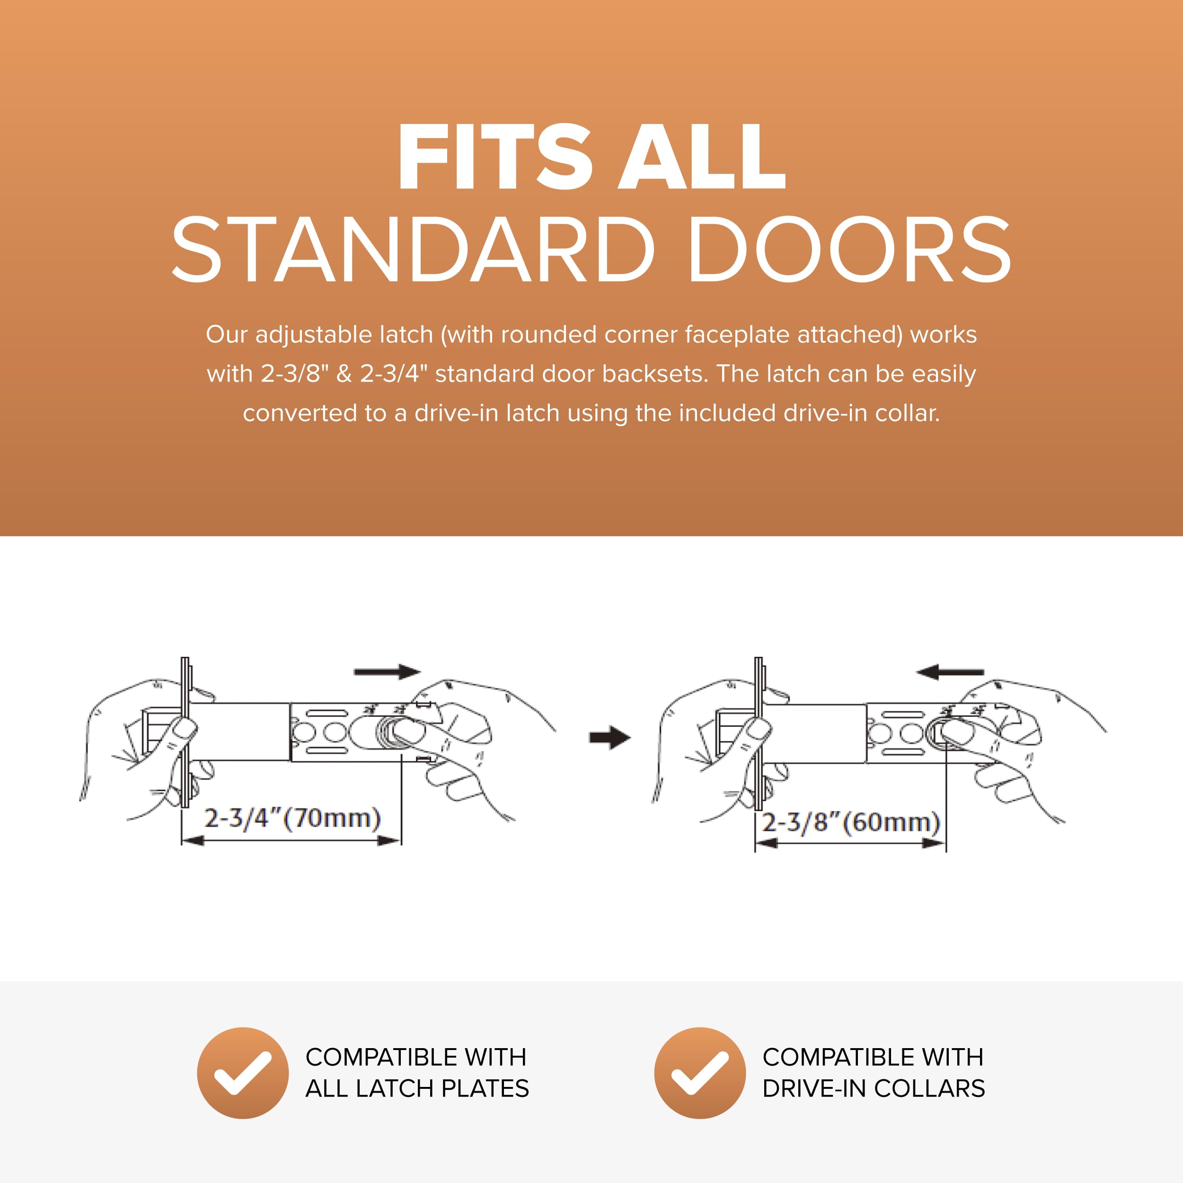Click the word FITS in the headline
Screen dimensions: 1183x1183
495,156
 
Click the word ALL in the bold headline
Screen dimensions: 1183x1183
702,156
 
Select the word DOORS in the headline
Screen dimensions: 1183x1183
850,249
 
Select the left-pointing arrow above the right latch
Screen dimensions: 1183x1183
950,672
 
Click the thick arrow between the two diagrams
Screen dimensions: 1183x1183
610,737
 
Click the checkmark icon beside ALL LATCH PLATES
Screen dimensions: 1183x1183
243,1073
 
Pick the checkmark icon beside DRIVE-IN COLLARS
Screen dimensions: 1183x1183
700,1073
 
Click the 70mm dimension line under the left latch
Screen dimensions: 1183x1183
291,841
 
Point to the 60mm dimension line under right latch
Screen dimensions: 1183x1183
850,843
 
